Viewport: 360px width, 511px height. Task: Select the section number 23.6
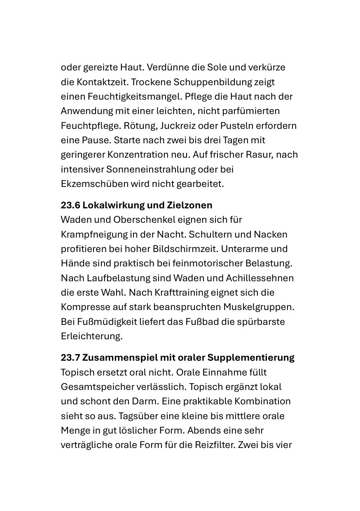[x=70, y=205]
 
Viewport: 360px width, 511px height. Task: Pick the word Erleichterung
[x=91, y=336]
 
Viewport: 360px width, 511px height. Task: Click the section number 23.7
[x=70, y=357]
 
